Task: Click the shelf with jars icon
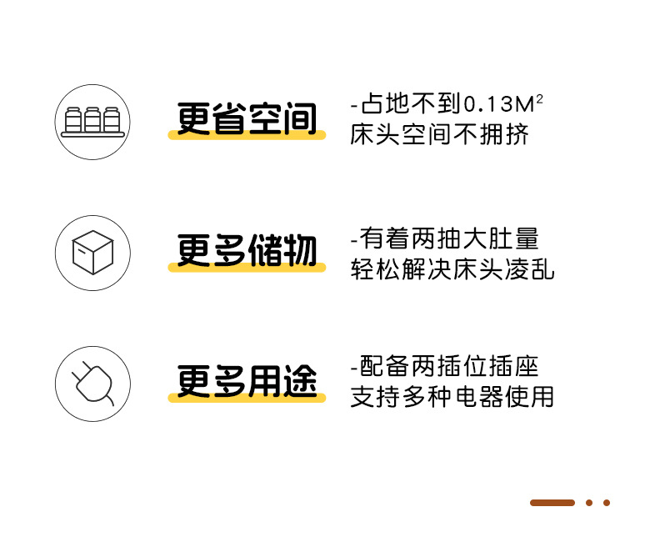click(x=92, y=121)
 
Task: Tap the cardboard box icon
click(x=92, y=253)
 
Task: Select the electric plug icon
click(x=92, y=384)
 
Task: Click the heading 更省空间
click(x=247, y=119)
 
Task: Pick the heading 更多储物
click(x=247, y=250)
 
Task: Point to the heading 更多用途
click(x=247, y=381)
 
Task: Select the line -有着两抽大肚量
click(x=445, y=239)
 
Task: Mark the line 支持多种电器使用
click(x=452, y=397)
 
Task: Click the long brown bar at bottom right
click(x=552, y=503)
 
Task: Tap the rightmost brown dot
click(x=607, y=503)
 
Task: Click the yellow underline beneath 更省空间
click(x=247, y=135)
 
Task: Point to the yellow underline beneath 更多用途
click(x=247, y=398)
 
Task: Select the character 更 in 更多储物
click(x=193, y=250)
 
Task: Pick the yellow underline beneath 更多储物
click(x=247, y=267)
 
